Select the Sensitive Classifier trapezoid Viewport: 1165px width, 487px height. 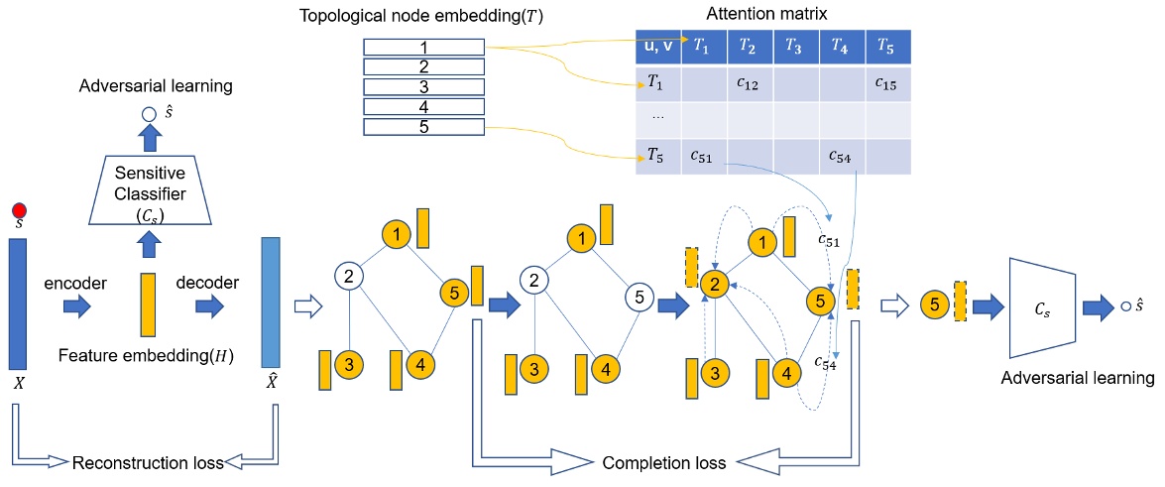pyautogui.click(x=151, y=189)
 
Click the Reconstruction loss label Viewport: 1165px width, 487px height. pyautogui.click(x=149, y=461)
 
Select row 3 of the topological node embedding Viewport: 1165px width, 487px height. pyautogui.click(x=423, y=87)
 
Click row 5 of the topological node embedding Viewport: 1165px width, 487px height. pyautogui.click(x=423, y=127)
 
